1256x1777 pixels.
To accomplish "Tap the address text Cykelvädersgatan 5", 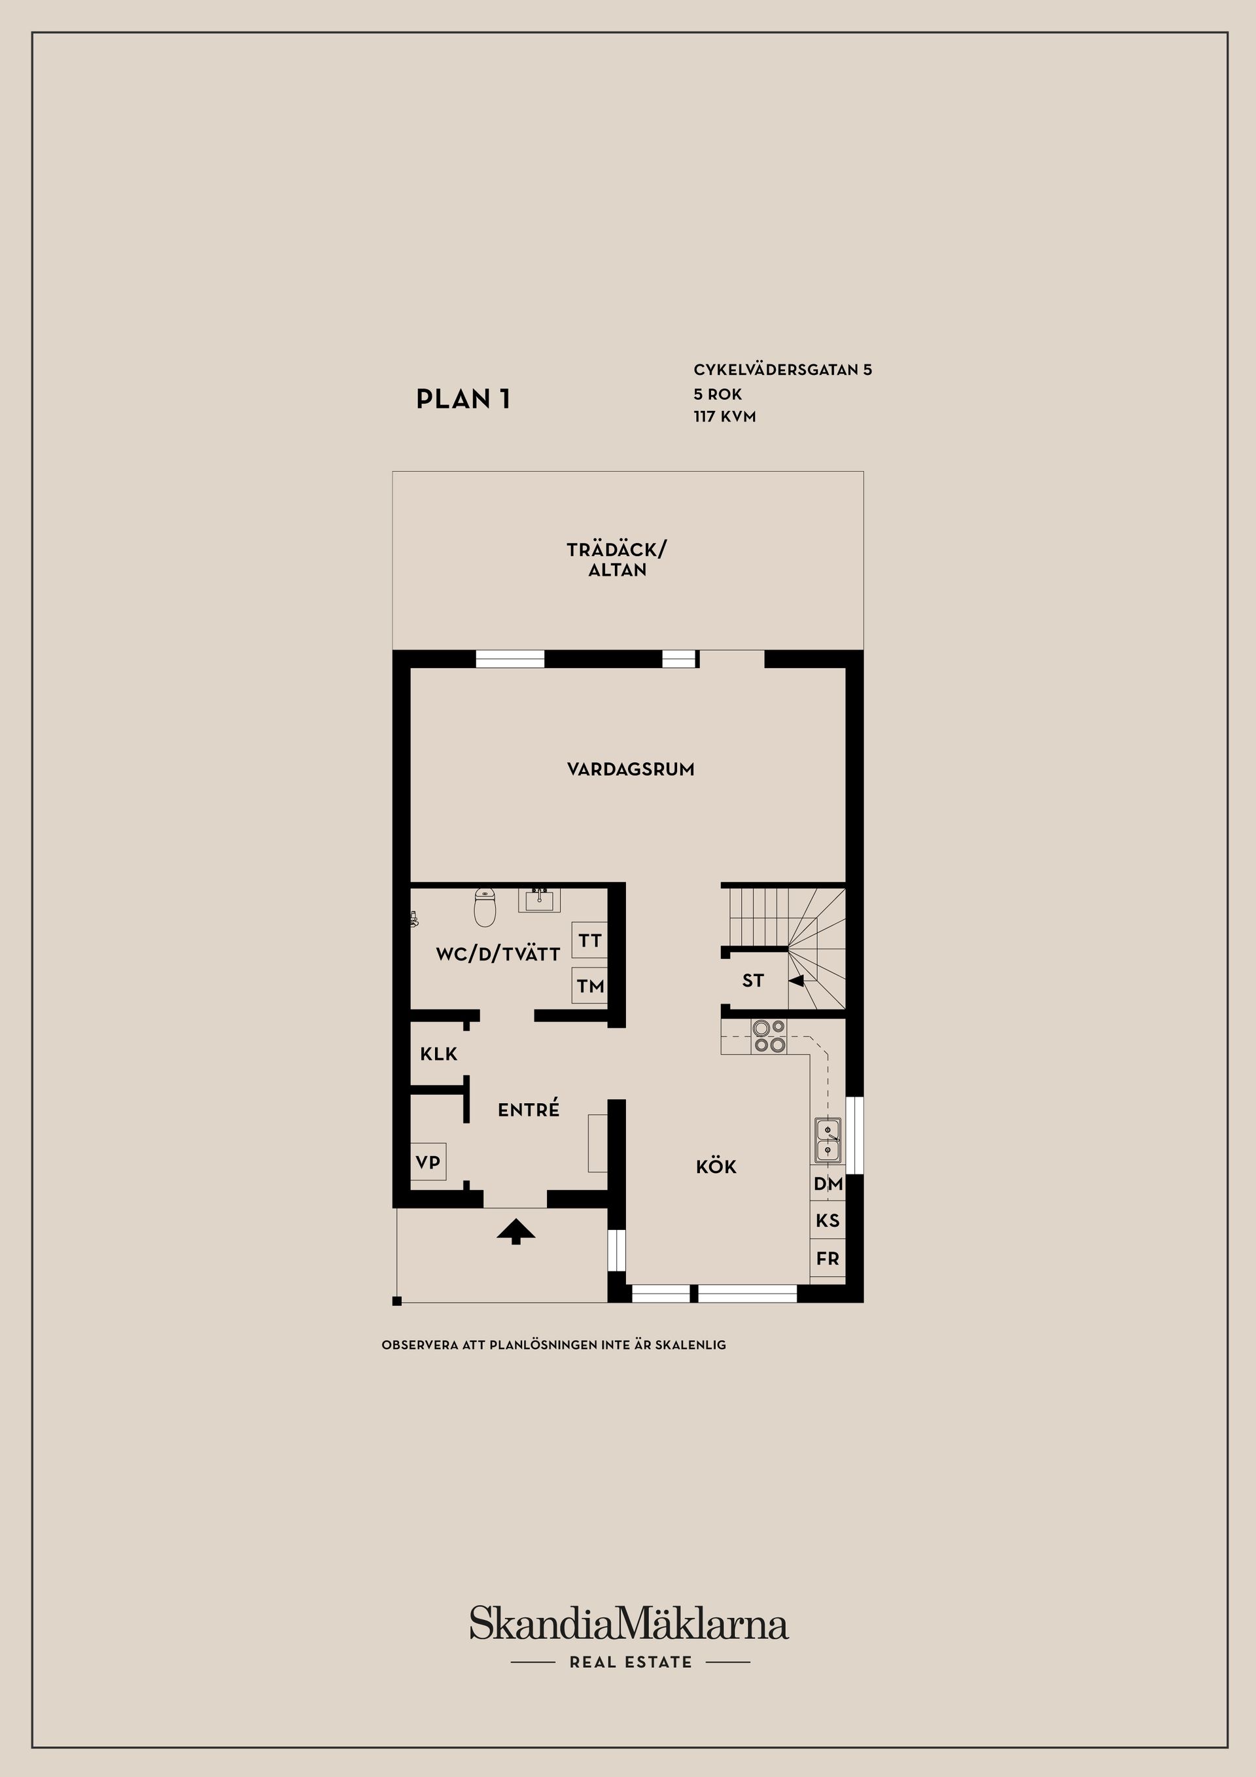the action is pyautogui.click(x=782, y=370).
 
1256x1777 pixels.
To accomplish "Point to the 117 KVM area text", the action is pyautogui.click(x=724, y=416).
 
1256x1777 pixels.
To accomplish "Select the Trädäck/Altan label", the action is pyautogui.click(x=617, y=559).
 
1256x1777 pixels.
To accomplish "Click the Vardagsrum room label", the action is pyautogui.click(x=631, y=769).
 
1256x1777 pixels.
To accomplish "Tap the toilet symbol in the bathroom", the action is pyautogui.click(x=485, y=907).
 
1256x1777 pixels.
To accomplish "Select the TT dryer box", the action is pyautogui.click(x=589, y=941).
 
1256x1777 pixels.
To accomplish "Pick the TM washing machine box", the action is pyautogui.click(x=589, y=985).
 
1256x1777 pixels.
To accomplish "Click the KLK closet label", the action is pyautogui.click(x=439, y=1054).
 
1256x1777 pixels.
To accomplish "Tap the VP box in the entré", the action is pyautogui.click(x=428, y=1162).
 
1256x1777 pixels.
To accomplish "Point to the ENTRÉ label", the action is pyautogui.click(x=529, y=1109).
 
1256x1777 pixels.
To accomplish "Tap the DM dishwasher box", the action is pyautogui.click(x=828, y=1184).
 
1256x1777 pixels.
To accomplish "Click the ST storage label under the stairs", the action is pyautogui.click(x=753, y=981).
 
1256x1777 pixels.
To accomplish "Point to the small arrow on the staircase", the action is pyautogui.click(x=796, y=981).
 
